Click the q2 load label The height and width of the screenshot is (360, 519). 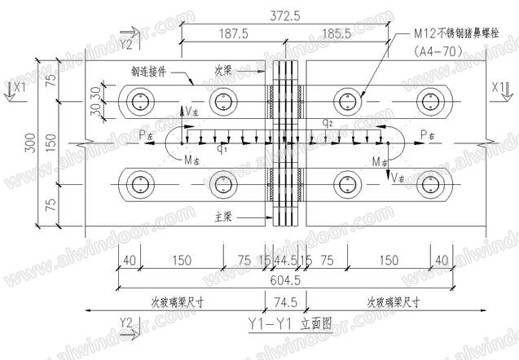327,122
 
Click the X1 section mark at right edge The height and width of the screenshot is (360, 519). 499,86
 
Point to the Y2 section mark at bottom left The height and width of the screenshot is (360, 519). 125,323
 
